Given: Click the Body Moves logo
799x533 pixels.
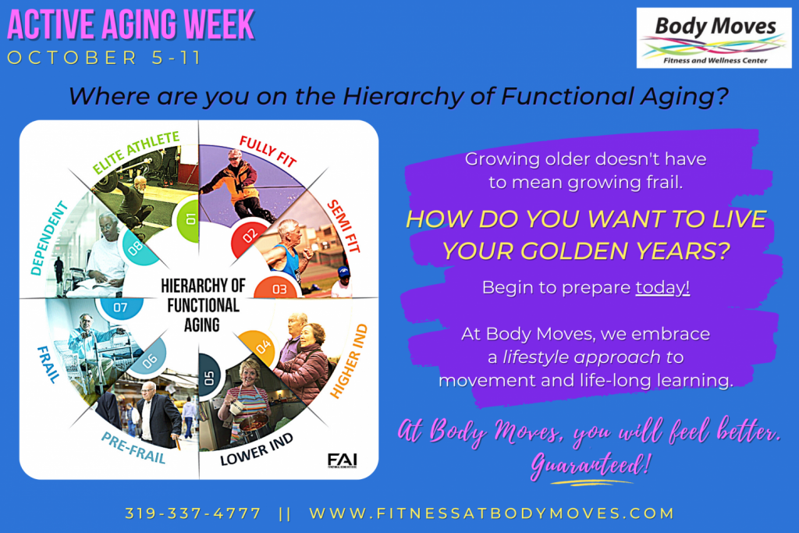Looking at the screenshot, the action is tap(714, 38).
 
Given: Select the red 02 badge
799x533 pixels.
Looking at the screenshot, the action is tap(249, 237).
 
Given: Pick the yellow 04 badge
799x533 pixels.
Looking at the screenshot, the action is tap(259, 347).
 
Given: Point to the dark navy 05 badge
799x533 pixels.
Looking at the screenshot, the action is tap(209, 377).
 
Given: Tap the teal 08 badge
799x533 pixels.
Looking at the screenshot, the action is tap(138, 247).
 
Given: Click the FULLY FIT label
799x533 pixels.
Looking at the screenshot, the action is tap(268, 151).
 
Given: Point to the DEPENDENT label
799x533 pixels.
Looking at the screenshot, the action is tap(48, 238).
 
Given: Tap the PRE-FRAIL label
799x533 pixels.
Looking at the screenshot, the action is tap(133, 448).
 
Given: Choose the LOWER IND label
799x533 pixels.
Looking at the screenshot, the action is tap(257, 449).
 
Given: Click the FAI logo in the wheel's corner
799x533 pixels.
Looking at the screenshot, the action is tap(343, 460).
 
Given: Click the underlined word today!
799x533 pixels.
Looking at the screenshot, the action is tap(662, 288).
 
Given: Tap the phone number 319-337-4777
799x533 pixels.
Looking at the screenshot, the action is tap(194, 513).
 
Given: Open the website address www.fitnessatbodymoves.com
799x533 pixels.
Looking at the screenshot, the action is tap(492, 513).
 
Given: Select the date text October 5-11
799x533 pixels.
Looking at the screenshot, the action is tap(105, 58).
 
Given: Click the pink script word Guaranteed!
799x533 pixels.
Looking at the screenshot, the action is tap(590, 465).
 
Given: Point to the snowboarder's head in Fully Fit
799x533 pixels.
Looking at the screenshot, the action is tap(236, 156).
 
